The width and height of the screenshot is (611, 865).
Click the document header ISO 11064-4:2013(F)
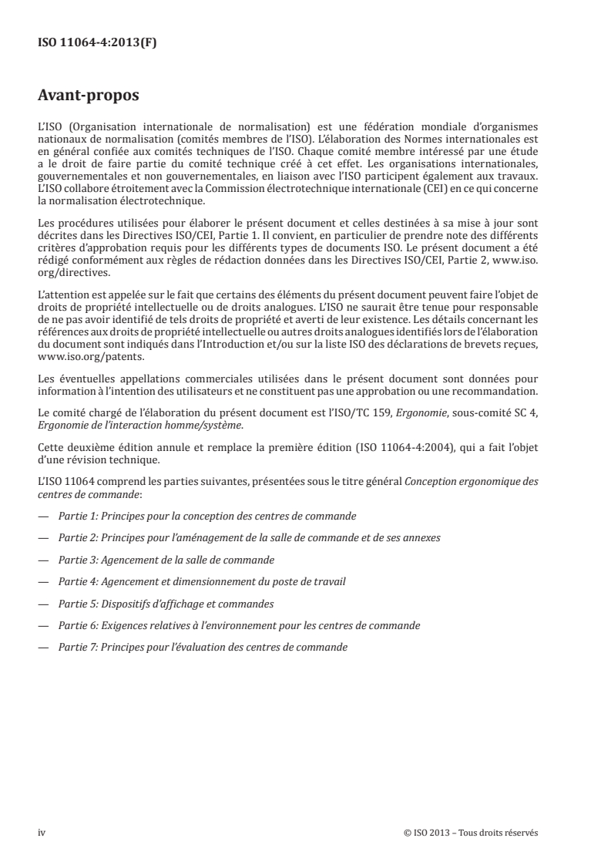(97, 43)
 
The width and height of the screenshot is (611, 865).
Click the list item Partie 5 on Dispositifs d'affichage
(166, 603)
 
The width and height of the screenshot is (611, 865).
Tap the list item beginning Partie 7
(203, 648)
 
